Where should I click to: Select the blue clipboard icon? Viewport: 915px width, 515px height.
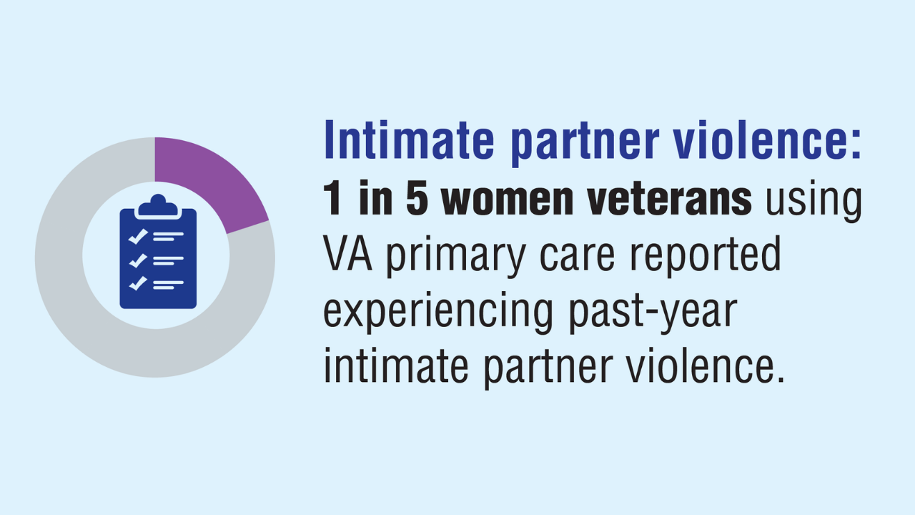point(158,251)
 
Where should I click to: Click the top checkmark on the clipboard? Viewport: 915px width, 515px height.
point(138,237)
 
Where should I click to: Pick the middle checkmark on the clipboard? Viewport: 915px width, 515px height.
point(138,260)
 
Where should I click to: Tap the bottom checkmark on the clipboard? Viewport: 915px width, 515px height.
point(138,283)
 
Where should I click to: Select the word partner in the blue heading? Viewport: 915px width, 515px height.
point(585,144)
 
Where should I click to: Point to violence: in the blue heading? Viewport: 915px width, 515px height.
point(768,139)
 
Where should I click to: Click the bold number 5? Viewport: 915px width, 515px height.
point(417,198)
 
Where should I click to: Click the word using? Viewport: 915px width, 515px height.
point(813,201)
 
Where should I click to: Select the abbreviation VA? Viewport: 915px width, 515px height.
point(348,253)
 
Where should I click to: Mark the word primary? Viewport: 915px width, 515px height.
point(456,257)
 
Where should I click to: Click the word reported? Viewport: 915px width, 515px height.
point(706,257)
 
